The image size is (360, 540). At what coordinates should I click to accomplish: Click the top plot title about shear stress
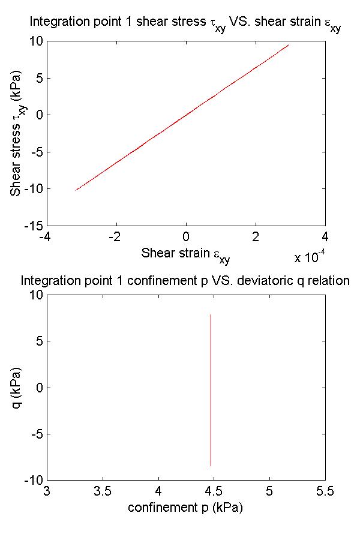[185, 25]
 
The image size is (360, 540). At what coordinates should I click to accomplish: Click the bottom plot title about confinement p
[185, 280]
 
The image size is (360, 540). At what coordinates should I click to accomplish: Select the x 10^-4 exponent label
[310, 257]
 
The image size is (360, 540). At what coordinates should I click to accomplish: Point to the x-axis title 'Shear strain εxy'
[185, 254]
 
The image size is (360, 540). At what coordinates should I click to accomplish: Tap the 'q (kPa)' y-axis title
[19, 388]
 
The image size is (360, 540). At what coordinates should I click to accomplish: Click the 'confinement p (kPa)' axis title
[185, 508]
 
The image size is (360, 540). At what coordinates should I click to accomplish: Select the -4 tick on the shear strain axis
[44, 237]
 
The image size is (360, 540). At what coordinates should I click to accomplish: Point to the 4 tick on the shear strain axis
[325, 237]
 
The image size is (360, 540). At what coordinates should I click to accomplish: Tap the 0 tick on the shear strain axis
[186, 237]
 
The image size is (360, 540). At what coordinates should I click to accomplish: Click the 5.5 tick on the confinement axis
[325, 492]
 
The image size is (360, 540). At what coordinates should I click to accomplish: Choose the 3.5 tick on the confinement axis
[103, 492]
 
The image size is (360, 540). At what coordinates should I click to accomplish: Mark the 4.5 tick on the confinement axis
[214, 492]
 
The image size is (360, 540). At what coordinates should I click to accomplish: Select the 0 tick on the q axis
[38, 388]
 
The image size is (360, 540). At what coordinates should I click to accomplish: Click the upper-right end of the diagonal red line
[289, 44]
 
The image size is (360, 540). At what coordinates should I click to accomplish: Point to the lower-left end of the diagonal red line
[76, 190]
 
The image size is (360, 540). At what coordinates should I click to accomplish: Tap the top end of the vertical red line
[211, 314]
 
